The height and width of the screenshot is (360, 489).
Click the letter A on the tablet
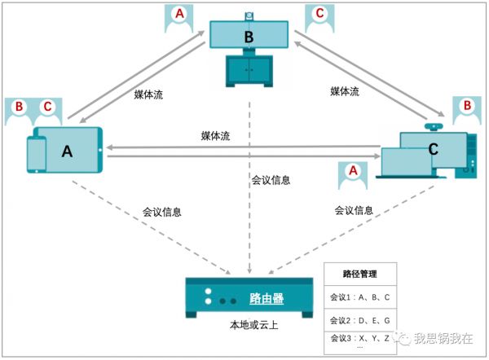(68, 151)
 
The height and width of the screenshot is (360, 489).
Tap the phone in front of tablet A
(37, 154)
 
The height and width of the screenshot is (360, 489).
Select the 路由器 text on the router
(267, 299)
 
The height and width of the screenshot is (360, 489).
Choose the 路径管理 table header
(359, 274)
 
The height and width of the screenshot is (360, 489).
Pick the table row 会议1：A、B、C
(359, 297)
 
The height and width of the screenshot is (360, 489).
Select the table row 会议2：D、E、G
(359, 319)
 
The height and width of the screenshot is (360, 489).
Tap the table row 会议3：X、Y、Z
(359, 338)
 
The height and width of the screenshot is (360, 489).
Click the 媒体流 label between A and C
(215, 135)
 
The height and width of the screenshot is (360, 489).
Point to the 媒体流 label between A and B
(148, 94)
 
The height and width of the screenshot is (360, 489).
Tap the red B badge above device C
(467, 106)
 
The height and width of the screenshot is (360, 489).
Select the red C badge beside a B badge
(47, 107)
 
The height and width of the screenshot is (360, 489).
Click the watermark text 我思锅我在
(443, 339)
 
